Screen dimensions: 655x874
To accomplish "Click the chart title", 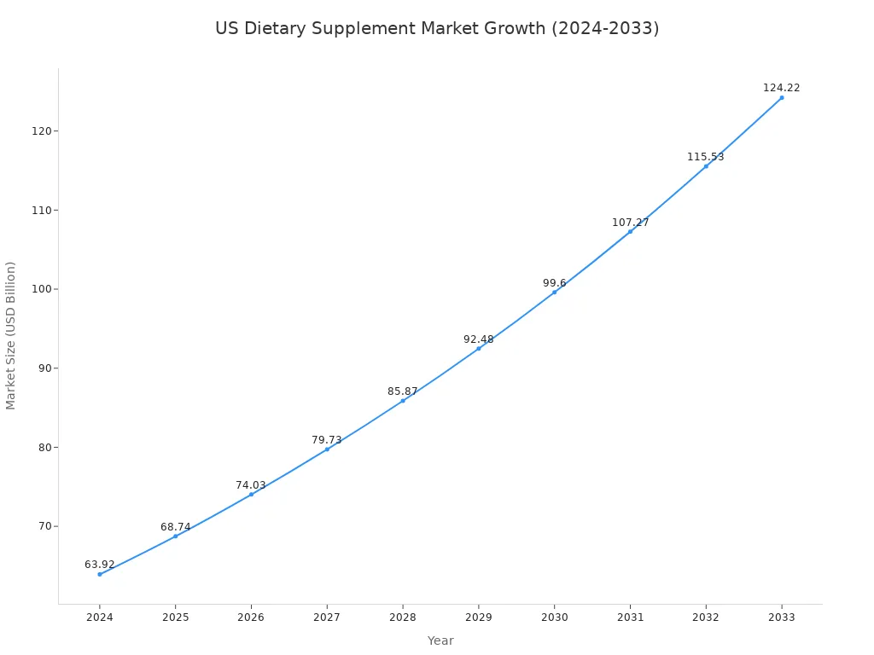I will [437, 28].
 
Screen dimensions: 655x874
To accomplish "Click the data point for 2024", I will [100, 574].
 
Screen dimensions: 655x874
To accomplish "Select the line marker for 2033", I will [781, 97].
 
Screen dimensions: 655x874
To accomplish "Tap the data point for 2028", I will [403, 401].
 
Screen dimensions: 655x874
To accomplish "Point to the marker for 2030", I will [554, 293].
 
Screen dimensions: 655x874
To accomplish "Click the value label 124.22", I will [781, 88].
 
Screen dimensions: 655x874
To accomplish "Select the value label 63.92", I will [100, 565].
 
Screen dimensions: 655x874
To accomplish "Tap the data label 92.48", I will [478, 339].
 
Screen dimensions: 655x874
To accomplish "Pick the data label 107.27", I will [630, 223].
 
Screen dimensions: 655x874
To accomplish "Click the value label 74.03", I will [251, 485].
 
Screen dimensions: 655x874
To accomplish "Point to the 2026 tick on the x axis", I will [251, 617].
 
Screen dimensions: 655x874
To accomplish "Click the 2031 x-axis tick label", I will [630, 617].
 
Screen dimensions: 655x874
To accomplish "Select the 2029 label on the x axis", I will [478, 617].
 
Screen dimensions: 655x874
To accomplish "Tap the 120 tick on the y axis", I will [42, 131].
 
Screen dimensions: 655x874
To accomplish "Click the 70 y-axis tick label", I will [44, 526].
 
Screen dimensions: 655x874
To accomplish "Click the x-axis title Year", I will [440, 641].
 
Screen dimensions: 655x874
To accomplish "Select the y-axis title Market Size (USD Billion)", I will [11, 335].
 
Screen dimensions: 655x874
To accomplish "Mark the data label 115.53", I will [705, 157].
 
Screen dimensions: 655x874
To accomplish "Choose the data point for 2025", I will [176, 536].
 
